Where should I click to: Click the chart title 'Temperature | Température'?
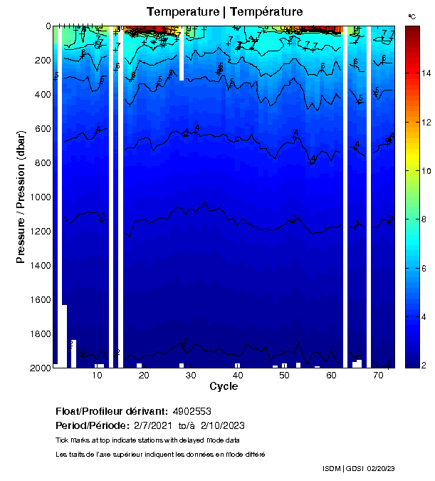[x=224, y=12]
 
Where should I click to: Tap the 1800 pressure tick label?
[x=39, y=334]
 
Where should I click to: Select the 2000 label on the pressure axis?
[x=39, y=368]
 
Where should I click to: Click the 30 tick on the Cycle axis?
[x=191, y=375]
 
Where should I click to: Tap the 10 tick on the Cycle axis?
[x=98, y=375]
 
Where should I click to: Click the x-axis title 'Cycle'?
[x=224, y=386]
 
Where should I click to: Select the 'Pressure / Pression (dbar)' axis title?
[x=21, y=197]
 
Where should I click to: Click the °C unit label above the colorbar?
[x=412, y=16]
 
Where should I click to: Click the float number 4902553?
[x=191, y=411]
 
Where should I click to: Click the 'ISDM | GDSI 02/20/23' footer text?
[x=358, y=468]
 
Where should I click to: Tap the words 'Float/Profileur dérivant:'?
[x=111, y=411]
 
